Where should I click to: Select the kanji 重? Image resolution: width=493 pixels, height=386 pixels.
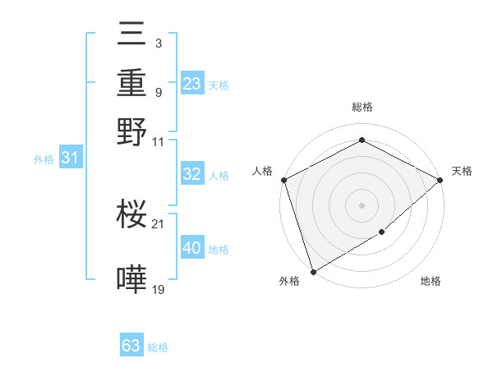(x=132, y=83)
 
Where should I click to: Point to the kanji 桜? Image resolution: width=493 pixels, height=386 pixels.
(x=132, y=216)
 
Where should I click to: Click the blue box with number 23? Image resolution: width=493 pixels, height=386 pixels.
(x=191, y=84)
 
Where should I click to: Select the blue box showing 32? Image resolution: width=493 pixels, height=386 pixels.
(x=191, y=174)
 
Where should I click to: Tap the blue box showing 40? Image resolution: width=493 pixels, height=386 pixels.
(x=191, y=248)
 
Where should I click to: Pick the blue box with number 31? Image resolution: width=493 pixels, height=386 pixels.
(x=70, y=158)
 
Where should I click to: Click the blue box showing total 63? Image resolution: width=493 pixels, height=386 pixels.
(x=131, y=346)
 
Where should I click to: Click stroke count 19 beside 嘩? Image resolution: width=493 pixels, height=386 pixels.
(x=159, y=289)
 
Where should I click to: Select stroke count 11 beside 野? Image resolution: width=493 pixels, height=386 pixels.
(x=159, y=141)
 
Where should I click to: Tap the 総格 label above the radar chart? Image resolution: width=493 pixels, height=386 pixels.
(x=362, y=108)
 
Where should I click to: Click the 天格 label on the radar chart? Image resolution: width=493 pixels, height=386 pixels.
(x=462, y=171)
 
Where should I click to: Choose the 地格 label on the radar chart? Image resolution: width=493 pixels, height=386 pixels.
(x=431, y=282)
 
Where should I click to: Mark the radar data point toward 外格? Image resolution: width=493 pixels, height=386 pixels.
(x=313, y=271)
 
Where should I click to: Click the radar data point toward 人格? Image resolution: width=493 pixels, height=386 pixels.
(x=283, y=180)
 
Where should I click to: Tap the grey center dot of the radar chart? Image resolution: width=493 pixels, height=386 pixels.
(x=362, y=204)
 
